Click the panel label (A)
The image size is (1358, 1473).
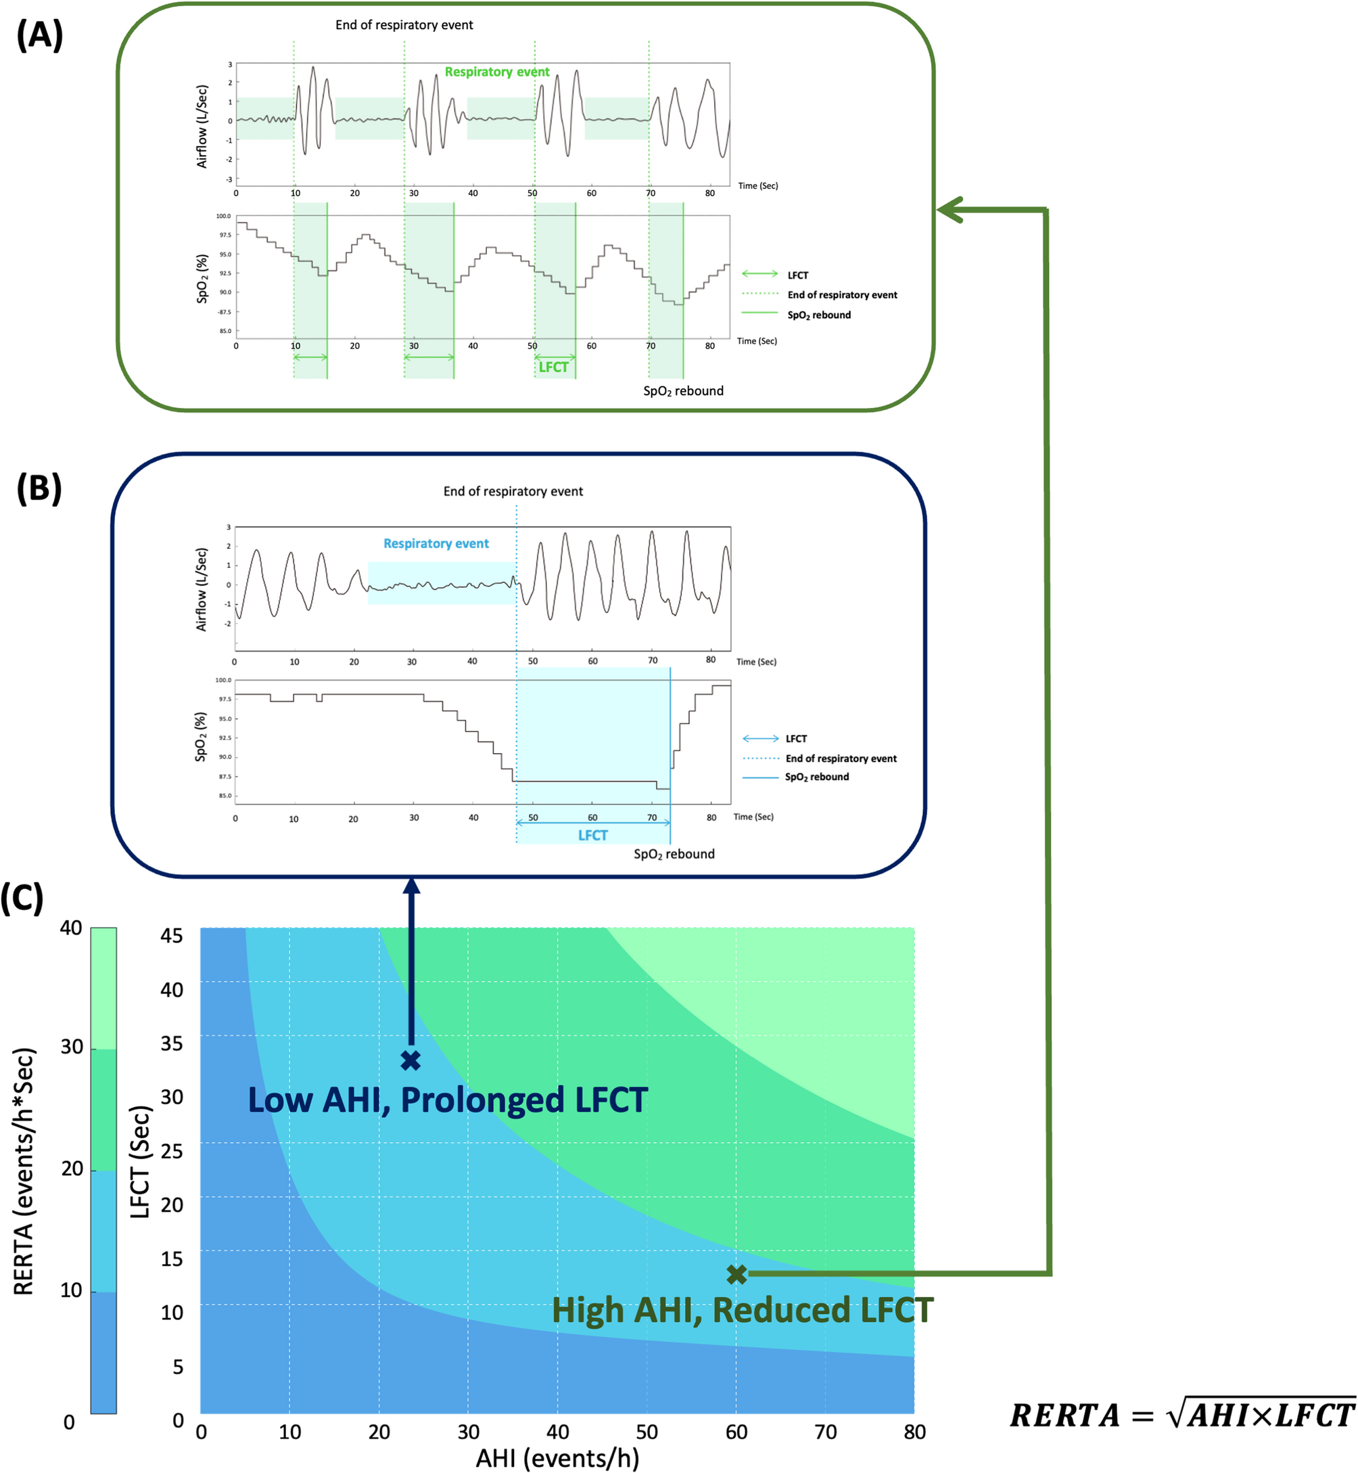click(x=40, y=35)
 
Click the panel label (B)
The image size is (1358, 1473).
click(x=40, y=488)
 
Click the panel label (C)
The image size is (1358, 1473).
click(x=22, y=898)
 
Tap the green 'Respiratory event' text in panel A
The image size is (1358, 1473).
click(x=497, y=72)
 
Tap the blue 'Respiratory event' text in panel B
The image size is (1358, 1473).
click(x=436, y=543)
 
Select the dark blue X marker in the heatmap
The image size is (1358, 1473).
click(x=411, y=1060)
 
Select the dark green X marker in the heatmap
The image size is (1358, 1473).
click(x=737, y=1274)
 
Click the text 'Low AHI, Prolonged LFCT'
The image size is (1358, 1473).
click(x=448, y=1100)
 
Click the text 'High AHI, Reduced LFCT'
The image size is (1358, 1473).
click(x=742, y=1311)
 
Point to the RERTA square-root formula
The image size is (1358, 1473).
click(x=1181, y=1415)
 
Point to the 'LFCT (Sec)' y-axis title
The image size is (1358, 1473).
click(x=141, y=1161)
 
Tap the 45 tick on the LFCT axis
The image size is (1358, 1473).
click(x=172, y=936)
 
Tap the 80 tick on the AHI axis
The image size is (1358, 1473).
click(x=914, y=1432)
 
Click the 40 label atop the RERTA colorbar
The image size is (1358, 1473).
click(x=70, y=928)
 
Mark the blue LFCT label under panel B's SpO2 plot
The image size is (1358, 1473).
click(x=592, y=835)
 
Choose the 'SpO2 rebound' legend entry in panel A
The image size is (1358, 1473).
click(x=818, y=315)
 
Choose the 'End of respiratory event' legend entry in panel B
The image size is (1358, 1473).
click(x=841, y=758)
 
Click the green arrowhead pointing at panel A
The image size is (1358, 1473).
click(x=950, y=210)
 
